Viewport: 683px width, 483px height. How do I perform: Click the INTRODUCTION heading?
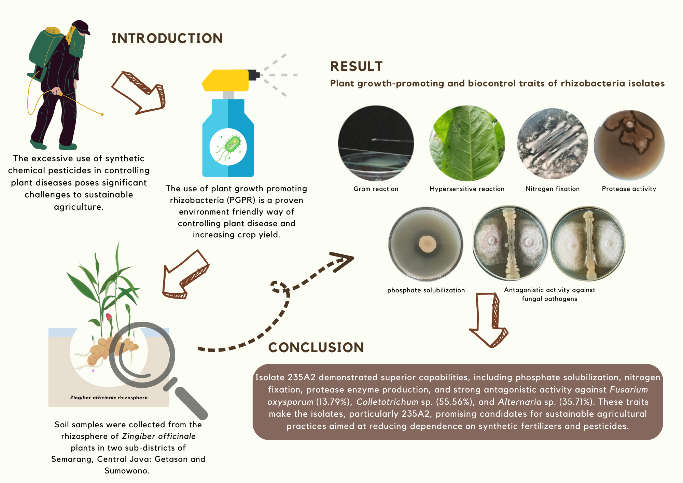pyautogui.click(x=167, y=38)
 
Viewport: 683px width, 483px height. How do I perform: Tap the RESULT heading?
pyautogui.click(x=356, y=66)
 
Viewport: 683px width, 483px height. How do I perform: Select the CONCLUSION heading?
pyautogui.click(x=316, y=347)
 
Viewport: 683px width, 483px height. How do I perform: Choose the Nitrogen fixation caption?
pyautogui.click(x=552, y=189)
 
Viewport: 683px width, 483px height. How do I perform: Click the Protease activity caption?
pyautogui.click(x=629, y=189)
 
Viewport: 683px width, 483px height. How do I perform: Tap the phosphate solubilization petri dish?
pyautogui.click(x=426, y=244)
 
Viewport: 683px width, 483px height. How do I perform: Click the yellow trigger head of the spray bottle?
pyautogui.click(x=225, y=80)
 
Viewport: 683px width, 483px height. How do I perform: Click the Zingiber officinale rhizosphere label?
pyautogui.click(x=109, y=398)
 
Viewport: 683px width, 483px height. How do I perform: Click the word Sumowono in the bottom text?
pyautogui.click(x=126, y=471)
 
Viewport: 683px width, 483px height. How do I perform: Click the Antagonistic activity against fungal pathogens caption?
pyautogui.click(x=549, y=294)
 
